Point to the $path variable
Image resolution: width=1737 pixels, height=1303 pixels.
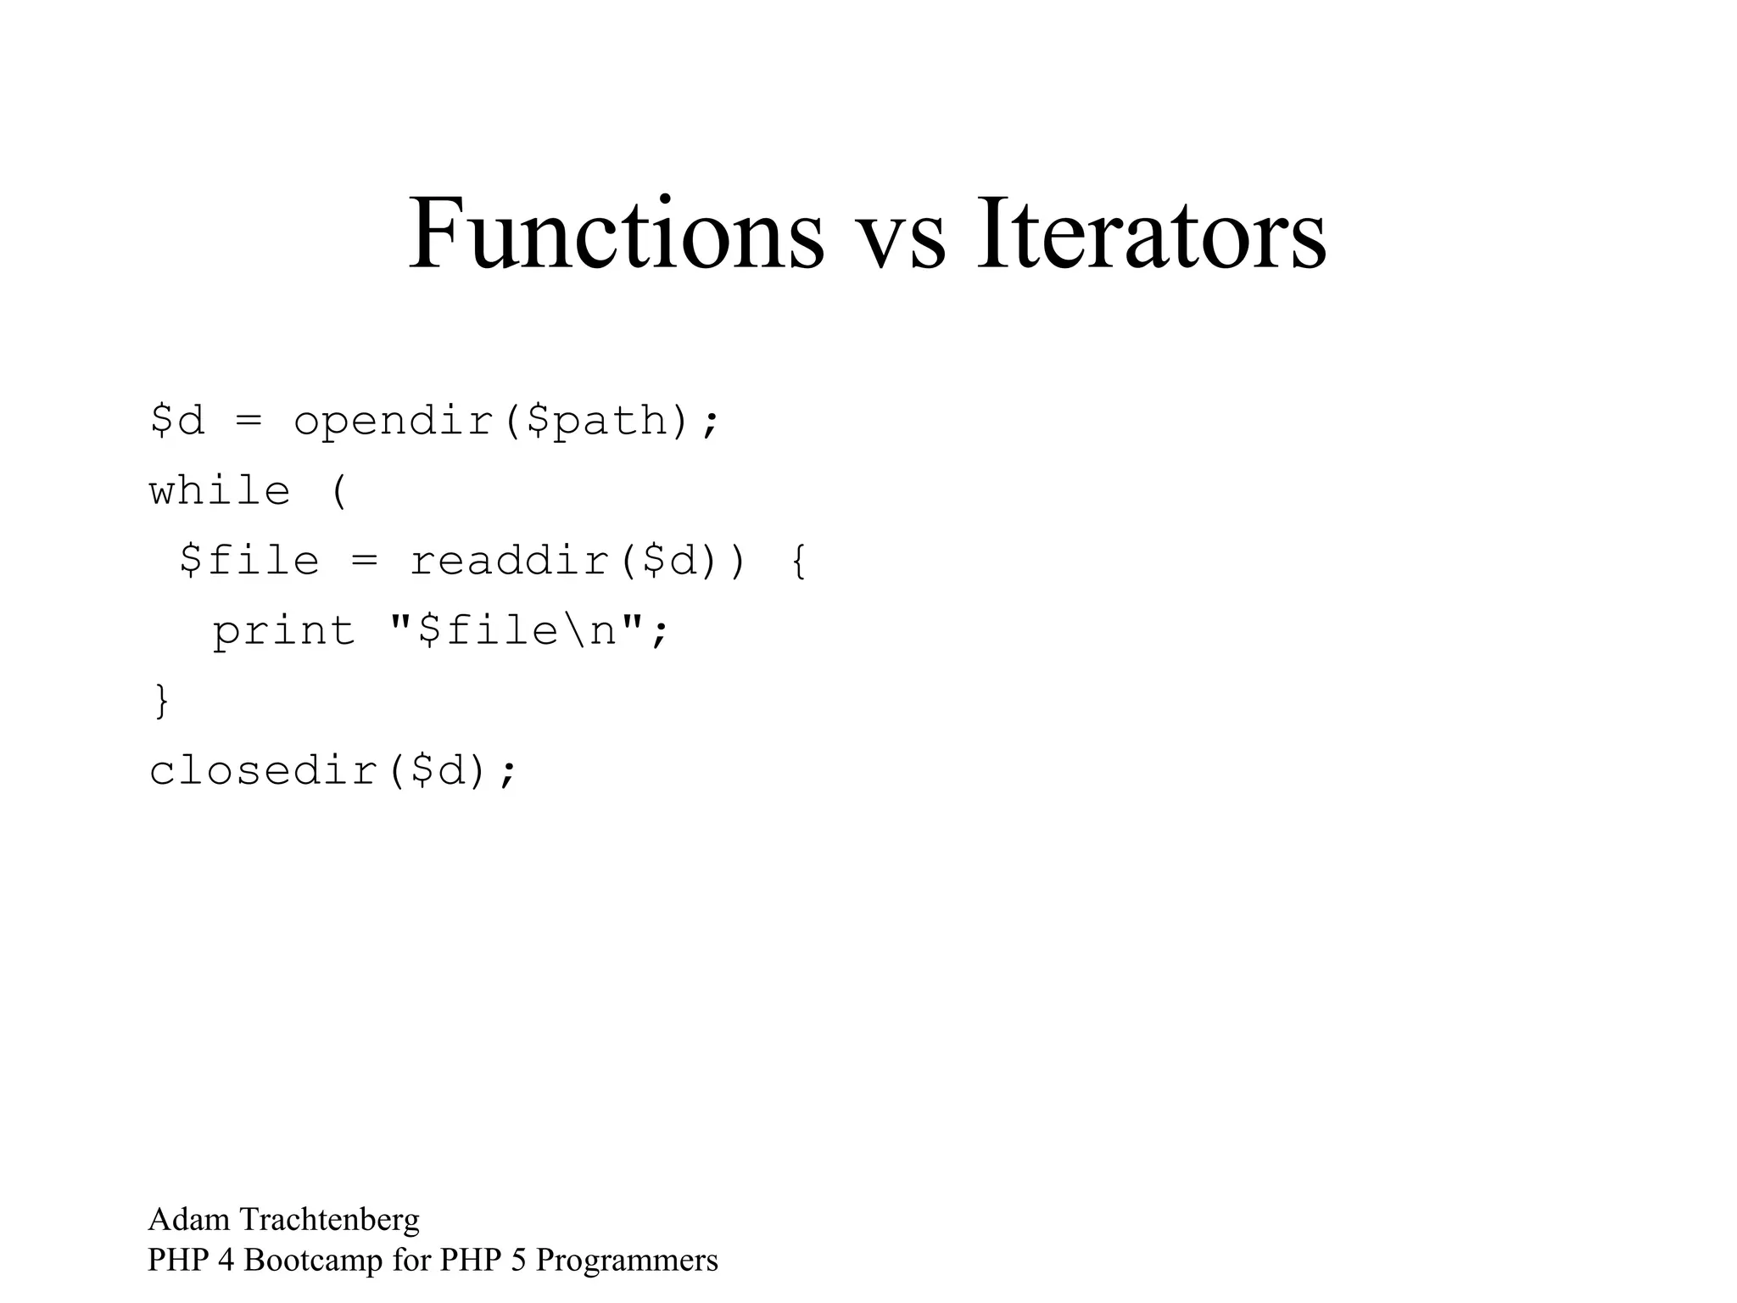597,422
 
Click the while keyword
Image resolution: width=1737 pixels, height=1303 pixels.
220,492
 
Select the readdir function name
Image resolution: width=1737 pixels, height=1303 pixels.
510,562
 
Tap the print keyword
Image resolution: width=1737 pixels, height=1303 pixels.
284,632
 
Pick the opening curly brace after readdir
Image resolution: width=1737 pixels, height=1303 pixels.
797,562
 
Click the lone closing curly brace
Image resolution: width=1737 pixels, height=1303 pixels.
161,702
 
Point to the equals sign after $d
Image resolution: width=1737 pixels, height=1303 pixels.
249,422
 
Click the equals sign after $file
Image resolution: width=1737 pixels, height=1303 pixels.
364,562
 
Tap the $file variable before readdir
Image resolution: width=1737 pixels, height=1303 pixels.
250,562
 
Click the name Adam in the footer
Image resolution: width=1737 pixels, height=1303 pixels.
189,1220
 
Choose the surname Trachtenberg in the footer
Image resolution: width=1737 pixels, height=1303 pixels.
329,1220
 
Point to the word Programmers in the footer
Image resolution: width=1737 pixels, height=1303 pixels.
627,1261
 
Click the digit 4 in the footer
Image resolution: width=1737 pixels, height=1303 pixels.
226,1261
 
